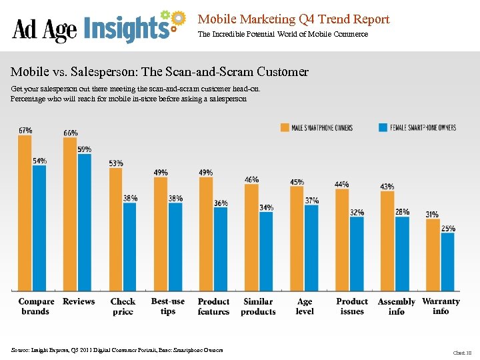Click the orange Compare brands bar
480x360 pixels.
coord(25,213)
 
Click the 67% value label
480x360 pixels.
coord(25,130)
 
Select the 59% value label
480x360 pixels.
coord(85,149)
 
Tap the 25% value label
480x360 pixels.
coord(448,228)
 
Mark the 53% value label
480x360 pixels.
coord(116,163)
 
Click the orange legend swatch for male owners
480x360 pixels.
coord(285,127)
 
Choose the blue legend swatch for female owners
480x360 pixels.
coord(383,127)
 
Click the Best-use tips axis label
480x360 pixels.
coord(168,307)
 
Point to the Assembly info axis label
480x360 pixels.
coord(396,307)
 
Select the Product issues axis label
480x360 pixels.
coord(352,307)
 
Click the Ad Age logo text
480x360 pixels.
coord(45,29)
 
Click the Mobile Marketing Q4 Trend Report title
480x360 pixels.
coord(293,19)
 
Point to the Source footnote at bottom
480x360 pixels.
coord(117,350)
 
